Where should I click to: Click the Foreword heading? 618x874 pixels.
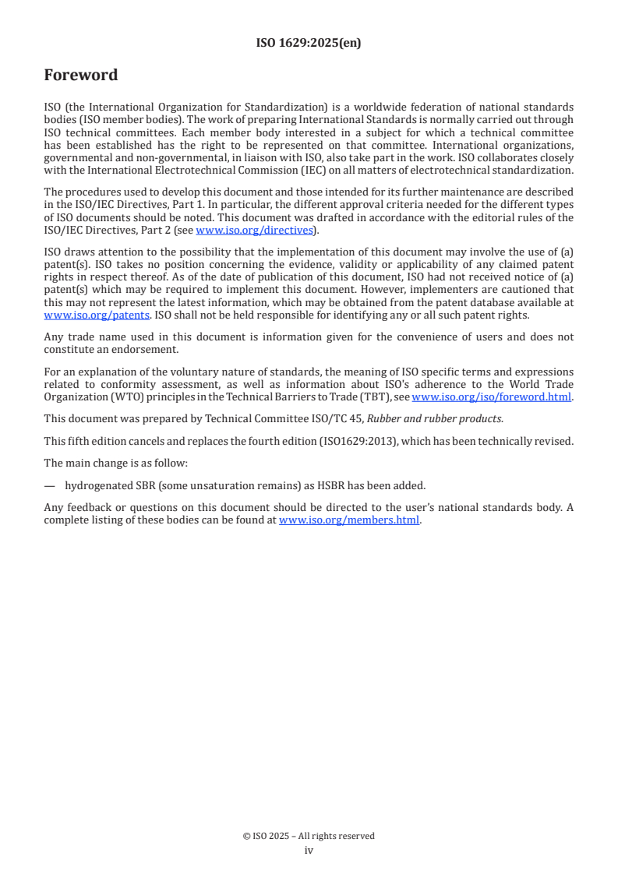pos(81,76)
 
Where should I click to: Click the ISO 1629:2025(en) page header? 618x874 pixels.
pos(309,44)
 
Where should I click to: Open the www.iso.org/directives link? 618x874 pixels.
pos(253,230)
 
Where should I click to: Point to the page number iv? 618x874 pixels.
pos(309,850)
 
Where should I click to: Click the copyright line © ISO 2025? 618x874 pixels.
pos(309,836)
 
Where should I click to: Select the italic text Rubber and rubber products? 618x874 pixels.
pos(435,418)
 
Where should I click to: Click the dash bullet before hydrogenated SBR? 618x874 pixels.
pos(50,485)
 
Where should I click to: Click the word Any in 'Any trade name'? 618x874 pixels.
pos(54,337)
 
